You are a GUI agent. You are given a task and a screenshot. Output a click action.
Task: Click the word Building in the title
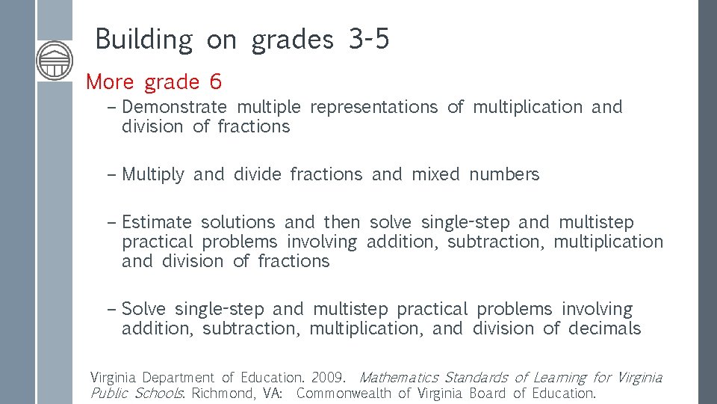coord(143,40)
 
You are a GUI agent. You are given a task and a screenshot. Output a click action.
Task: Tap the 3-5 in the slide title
coord(369,40)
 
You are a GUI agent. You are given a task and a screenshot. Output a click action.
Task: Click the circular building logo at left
coord(55,60)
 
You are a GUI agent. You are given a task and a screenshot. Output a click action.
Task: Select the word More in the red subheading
coord(111,82)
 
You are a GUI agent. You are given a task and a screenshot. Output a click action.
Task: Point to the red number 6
coord(216,82)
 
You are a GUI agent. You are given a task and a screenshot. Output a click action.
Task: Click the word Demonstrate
coord(175,108)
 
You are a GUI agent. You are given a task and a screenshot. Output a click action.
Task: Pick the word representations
coord(373,108)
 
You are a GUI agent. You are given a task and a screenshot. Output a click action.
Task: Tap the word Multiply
coord(152,175)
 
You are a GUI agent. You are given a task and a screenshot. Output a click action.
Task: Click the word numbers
coord(504,175)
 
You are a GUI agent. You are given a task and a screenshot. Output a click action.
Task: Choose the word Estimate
coord(157,223)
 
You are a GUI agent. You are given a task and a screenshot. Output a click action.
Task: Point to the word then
coord(341,223)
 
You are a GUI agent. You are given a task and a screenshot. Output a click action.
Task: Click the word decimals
coord(604,329)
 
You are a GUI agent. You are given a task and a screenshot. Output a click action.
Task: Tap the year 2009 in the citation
coord(327,378)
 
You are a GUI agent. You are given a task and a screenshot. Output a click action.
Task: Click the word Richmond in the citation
coord(223,394)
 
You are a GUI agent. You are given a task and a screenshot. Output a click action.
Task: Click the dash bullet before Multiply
coord(112,175)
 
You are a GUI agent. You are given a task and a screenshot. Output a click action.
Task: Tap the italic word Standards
coord(476,378)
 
